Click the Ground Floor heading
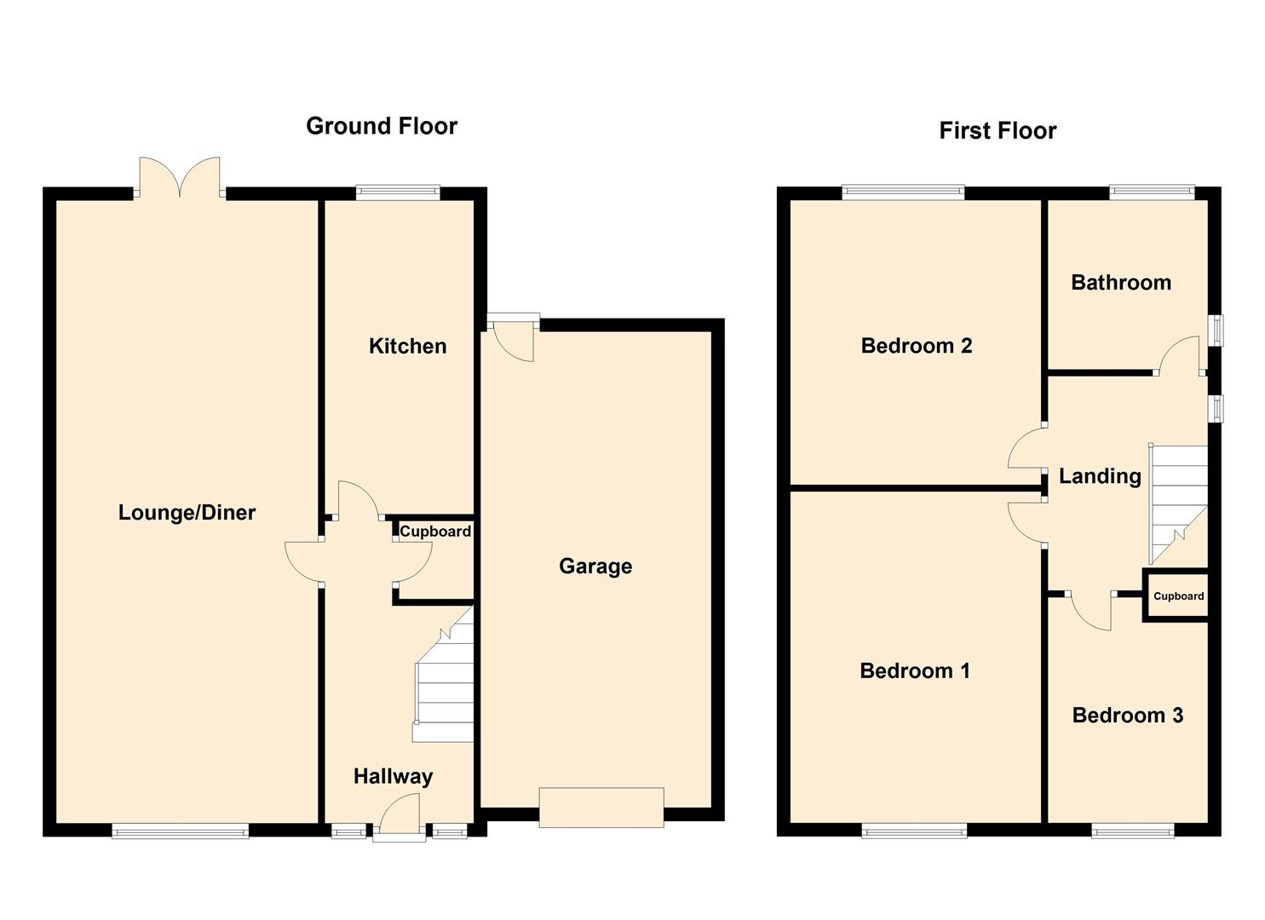tap(382, 126)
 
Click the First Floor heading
tap(998, 130)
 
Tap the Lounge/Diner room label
tap(187, 512)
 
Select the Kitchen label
tap(408, 346)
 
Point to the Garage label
tap(595, 566)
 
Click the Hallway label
tap(393, 777)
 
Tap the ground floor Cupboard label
tap(435, 532)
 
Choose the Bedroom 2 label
tap(917, 345)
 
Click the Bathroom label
tap(1121, 282)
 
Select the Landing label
tap(1100, 476)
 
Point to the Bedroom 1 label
tap(915, 670)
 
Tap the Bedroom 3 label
tap(1128, 715)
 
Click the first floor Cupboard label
tap(1179, 596)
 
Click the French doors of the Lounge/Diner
tap(180, 177)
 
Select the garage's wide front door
tap(601, 808)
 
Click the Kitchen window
tap(398, 192)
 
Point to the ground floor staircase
tap(444, 675)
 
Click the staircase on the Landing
tap(1179, 503)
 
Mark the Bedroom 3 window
tap(1133, 831)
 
